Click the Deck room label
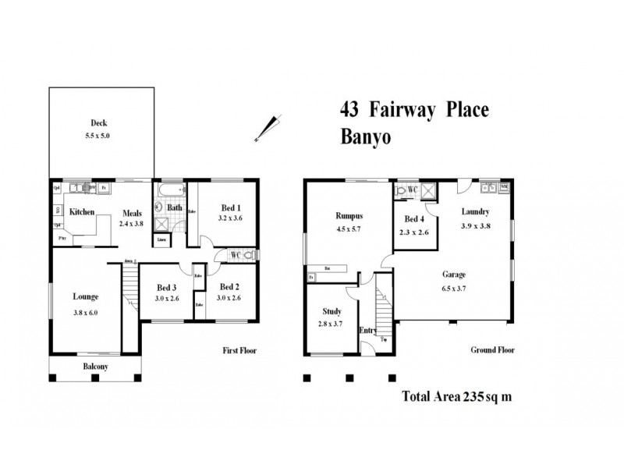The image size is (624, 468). pyautogui.click(x=98, y=122)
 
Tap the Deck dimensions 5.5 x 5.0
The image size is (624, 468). pyautogui.click(x=98, y=135)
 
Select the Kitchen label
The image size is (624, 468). pyautogui.click(x=82, y=212)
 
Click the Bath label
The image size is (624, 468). pyautogui.click(x=175, y=207)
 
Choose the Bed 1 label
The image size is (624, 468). pyautogui.click(x=230, y=207)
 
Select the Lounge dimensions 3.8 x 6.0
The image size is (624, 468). pyautogui.click(x=85, y=313)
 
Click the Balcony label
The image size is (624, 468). pyautogui.click(x=96, y=367)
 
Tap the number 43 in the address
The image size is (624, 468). pyautogui.click(x=349, y=109)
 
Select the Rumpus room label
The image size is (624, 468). pyautogui.click(x=350, y=215)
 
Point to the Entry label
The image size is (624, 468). pyautogui.click(x=367, y=331)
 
